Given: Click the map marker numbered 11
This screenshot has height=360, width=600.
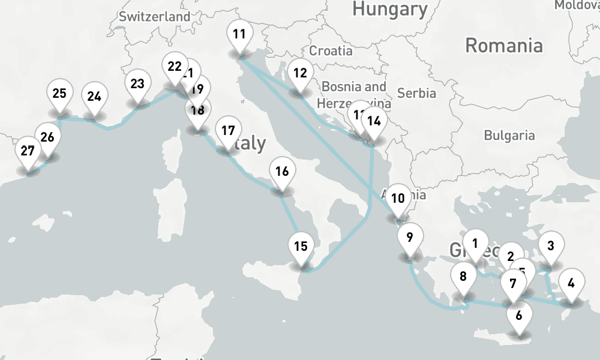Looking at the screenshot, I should pos(239,35).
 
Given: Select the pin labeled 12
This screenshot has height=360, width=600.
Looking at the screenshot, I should pos(300,74).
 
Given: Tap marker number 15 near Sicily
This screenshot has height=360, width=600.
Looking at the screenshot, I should pos(301,246).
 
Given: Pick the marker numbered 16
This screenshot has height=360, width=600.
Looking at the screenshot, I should pos(281,172).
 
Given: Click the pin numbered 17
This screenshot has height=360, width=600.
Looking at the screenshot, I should pos(227,131).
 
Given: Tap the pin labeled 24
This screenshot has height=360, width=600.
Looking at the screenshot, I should pos(94,97).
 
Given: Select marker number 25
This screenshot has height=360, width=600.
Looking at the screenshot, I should pos(59,94).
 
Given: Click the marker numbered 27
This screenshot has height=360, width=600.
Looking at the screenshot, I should pos(27,151).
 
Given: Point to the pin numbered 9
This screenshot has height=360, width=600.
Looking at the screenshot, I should pos(409,237).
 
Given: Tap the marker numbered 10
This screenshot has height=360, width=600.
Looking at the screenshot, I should pos(397,199).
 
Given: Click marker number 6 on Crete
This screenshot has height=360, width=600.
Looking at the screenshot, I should pos(519,314).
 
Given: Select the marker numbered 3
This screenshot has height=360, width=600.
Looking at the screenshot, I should pos(550,245).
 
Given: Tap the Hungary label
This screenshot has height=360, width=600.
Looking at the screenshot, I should pos(389,9).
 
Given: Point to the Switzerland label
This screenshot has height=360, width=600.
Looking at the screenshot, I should pos(154,17).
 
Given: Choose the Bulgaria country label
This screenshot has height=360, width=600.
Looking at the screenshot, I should pos(509,135).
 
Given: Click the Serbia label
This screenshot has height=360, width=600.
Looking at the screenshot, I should pos(416,93).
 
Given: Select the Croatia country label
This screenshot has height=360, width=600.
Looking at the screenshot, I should pos(331,50).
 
